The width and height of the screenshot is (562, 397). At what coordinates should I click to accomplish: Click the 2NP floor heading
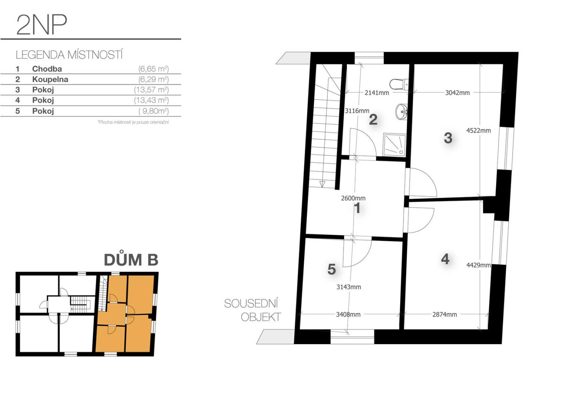tap(42, 25)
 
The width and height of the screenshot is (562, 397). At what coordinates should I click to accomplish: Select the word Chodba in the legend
tap(47, 69)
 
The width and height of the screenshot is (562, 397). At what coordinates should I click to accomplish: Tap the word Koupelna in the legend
tap(50, 79)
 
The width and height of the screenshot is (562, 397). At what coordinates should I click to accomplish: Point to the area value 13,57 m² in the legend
tap(151, 90)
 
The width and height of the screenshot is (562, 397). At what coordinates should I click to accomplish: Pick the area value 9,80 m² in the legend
tap(153, 111)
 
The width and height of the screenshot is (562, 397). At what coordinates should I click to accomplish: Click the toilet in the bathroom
tap(399, 84)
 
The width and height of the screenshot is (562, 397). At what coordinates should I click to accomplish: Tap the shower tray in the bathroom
tap(394, 145)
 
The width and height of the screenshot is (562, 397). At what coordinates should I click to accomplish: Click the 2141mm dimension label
tap(377, 93)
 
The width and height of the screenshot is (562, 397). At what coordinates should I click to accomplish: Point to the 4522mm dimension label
tap(479, 130)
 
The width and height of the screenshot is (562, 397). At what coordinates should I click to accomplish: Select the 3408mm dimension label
tap(348, 314)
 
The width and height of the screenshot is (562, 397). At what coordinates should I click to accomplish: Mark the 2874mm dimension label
tap(445, 314)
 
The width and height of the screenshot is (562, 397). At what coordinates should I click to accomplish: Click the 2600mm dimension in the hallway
tap(353, 198)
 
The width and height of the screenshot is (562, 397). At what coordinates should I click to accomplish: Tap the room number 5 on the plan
tap(332, 269)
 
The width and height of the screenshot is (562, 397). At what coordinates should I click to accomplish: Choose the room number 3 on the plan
tap(448, 138)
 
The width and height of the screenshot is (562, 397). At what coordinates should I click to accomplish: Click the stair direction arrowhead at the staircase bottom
tap(323, 184)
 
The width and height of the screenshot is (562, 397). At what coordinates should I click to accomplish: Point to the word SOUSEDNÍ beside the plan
tap(251, 304)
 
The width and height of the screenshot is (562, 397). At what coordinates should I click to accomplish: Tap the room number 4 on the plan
tap(445, 259)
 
